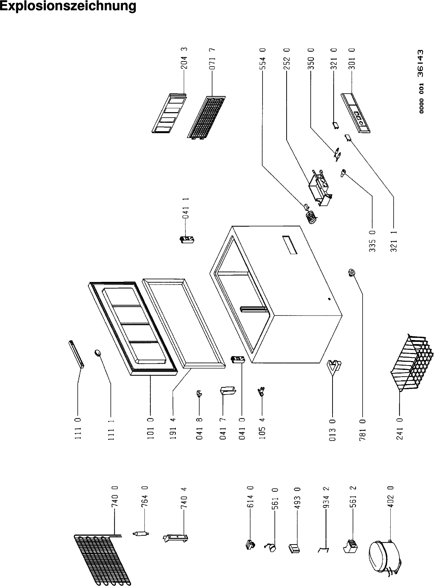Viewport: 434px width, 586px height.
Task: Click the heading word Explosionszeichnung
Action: click(68, 6)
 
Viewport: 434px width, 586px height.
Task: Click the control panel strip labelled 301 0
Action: click(355, 113)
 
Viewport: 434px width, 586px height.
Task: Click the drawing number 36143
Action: click(421, 63)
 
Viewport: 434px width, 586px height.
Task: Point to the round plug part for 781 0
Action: click(352, 272)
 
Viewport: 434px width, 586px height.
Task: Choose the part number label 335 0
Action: click(373, 241)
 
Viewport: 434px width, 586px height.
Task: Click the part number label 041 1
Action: click(186, 208)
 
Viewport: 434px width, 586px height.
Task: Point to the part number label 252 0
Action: click(287, 59)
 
